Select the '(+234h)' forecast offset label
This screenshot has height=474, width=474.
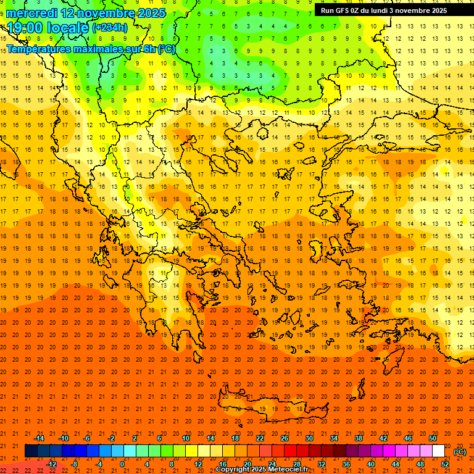tap(110, 28)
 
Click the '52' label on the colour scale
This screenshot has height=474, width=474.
tap(444, 464)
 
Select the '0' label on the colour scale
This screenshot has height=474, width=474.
tap(122, 464)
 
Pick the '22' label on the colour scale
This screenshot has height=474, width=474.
tap(260, 438)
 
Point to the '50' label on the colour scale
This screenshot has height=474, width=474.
tap(433, 438)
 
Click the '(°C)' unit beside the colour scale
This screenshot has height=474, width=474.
tap(460, 452)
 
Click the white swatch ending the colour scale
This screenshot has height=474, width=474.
tap(438, 451)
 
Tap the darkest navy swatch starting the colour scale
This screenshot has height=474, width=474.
tap(31, 451)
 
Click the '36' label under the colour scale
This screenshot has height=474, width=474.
tap(346, 464)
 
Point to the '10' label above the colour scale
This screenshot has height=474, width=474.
tap(186, 438)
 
